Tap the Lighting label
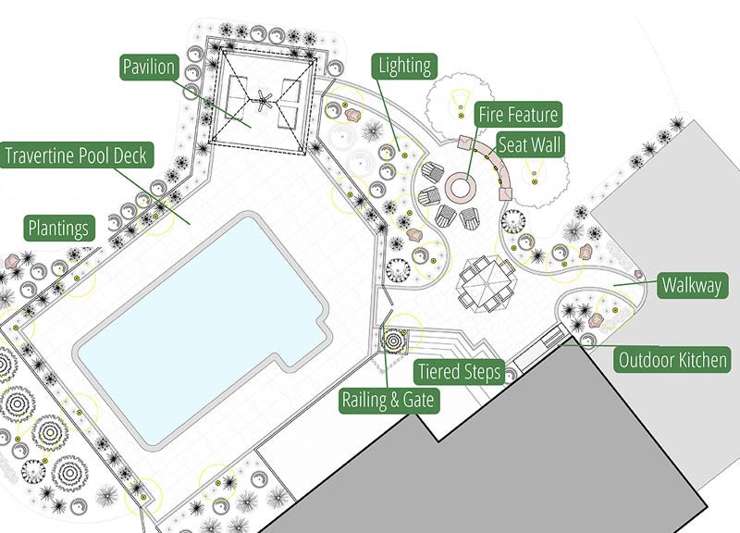click(x=404, y=65)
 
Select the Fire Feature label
click(x=518, y=115)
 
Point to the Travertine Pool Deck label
click(x=75, y=155)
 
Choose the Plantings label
click(x=59, y=228)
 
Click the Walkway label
click(x=690, y=285)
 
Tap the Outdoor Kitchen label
click(x=673, y=360)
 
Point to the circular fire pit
click(x=459, y=186)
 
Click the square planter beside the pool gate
click(x=396, y=340)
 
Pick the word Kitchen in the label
click(x=700, y=360)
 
